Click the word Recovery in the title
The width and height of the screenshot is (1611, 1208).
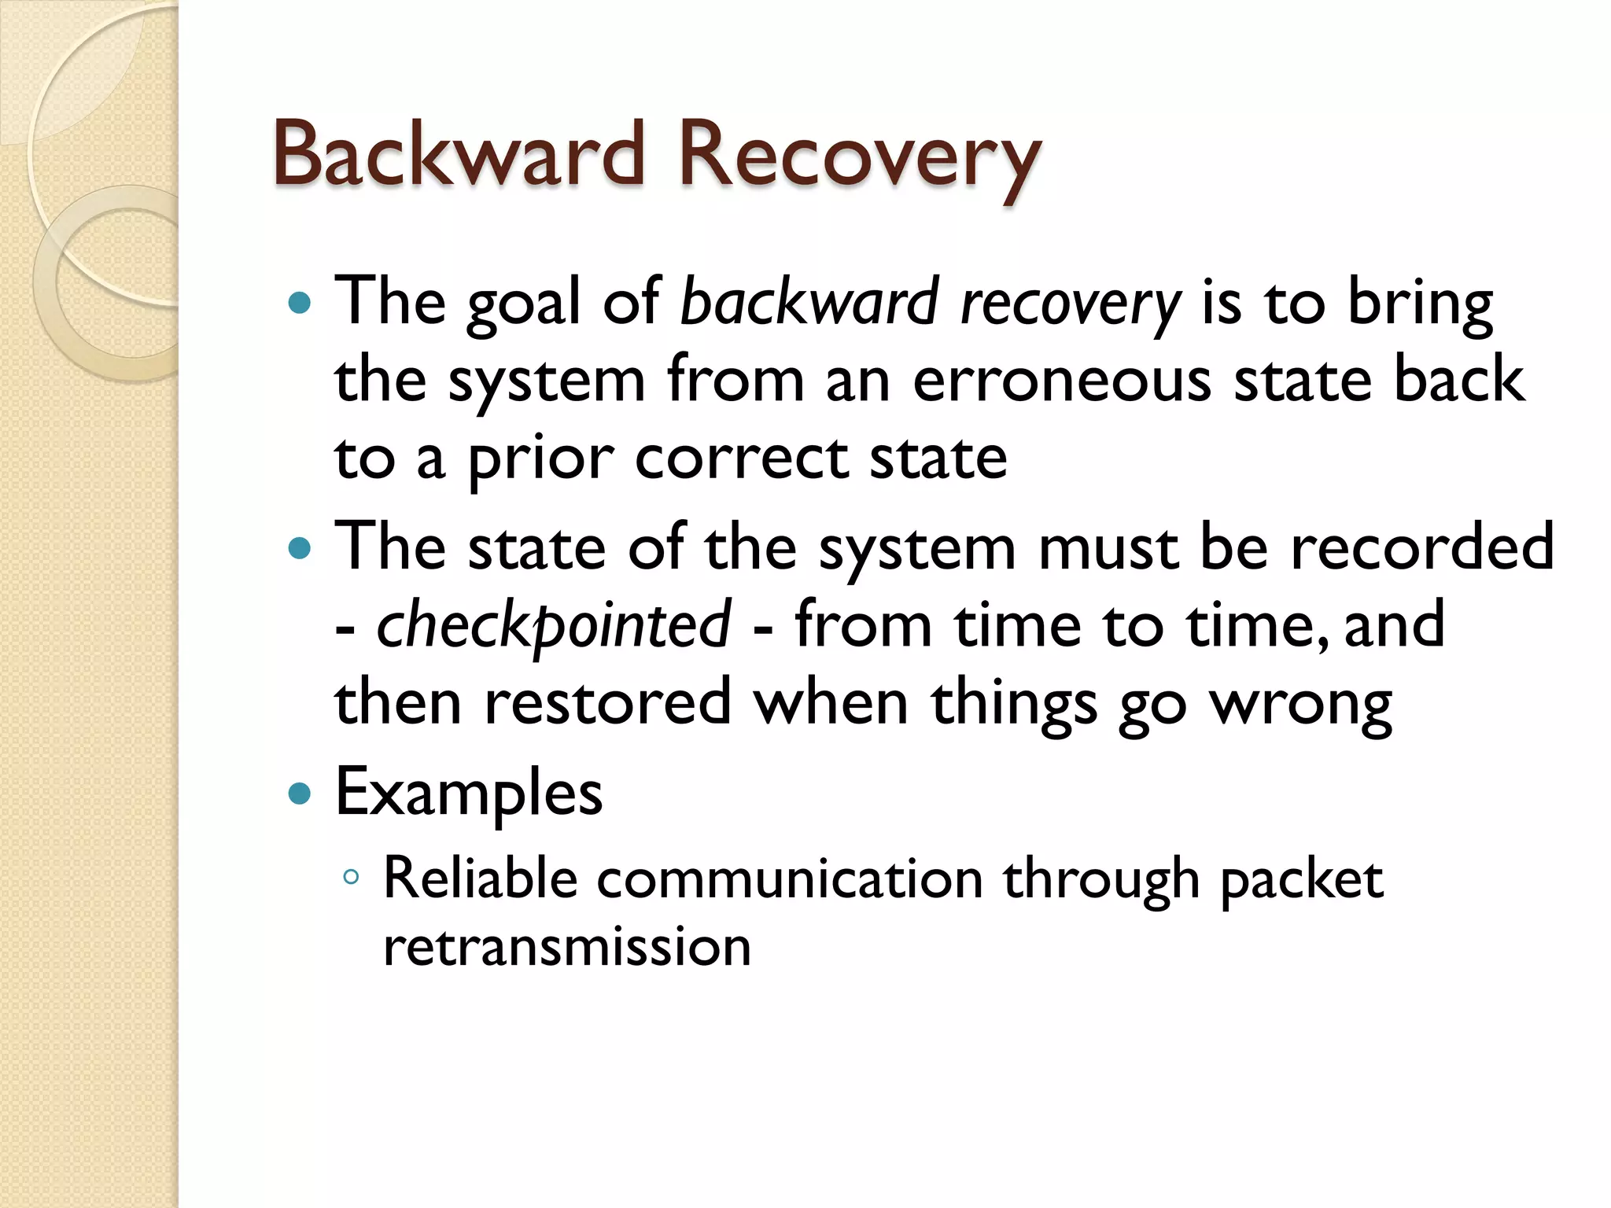859,157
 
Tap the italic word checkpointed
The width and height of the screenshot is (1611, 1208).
554,626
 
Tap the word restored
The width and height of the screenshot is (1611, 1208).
608,702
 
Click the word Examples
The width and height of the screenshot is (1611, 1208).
469,793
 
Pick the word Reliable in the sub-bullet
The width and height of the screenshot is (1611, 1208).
480,878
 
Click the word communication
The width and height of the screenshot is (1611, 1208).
790,880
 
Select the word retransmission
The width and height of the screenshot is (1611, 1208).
566,947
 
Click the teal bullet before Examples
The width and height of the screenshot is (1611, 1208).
300,793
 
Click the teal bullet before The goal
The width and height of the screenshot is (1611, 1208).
300,302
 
